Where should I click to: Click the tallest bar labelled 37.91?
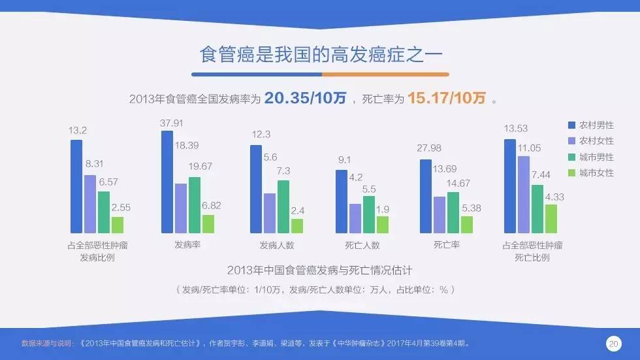[x=167, y=182]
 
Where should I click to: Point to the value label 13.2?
[x=78, y=130]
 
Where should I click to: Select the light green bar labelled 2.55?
[x=118, y=225]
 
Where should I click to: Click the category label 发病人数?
[x=277, y=246]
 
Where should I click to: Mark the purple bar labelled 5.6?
[x=270, y=213]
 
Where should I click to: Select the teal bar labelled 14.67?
[x=453, y=212]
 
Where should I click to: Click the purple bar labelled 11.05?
[x=524, y=194]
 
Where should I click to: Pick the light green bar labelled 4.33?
[x=551, y=218]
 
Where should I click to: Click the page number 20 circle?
[x=613, y=344]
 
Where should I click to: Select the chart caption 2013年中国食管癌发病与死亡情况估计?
[x=319, y=270]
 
